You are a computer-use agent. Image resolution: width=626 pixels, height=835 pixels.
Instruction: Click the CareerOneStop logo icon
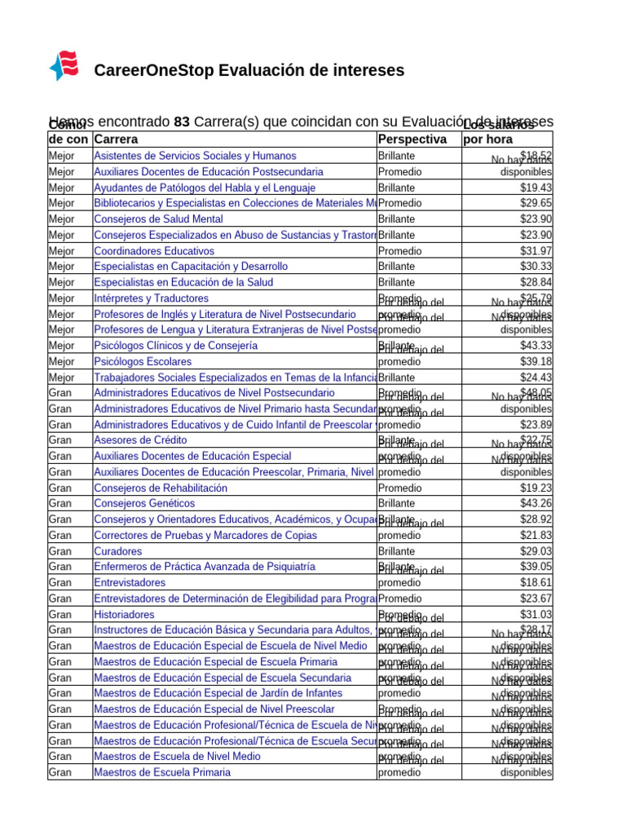(64, 66)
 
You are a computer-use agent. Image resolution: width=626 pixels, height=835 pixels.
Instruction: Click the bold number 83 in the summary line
(183, 121)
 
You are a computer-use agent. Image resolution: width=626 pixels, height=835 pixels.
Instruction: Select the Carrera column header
(116, 139)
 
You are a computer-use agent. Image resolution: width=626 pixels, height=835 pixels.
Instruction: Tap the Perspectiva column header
(412, 139)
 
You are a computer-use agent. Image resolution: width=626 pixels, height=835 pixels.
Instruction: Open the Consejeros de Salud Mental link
(158, 219)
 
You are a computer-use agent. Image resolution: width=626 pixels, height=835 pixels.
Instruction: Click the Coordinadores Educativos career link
(154, 251)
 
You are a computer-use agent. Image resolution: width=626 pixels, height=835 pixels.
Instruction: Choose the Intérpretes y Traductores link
(151, 298)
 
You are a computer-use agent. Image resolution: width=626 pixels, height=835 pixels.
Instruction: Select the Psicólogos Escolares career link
(143, 361)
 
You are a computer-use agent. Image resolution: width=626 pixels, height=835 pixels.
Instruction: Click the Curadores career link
(117, 551)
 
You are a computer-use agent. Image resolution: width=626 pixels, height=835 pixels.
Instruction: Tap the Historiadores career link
(124, 615)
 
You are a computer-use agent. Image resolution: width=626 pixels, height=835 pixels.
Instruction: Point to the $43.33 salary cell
(536, 346)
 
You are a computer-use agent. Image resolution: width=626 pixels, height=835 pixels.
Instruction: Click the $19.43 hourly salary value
(536, 188)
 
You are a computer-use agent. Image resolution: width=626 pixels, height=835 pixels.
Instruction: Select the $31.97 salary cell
(536, 251)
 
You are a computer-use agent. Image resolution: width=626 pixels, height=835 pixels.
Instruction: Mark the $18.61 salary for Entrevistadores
(536, 583)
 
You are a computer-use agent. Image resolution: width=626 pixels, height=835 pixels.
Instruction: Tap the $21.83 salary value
(536, 536)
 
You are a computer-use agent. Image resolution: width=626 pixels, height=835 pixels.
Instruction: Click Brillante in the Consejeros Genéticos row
(397, 504)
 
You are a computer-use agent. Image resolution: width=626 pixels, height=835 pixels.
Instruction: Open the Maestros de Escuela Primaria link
(162, 772)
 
